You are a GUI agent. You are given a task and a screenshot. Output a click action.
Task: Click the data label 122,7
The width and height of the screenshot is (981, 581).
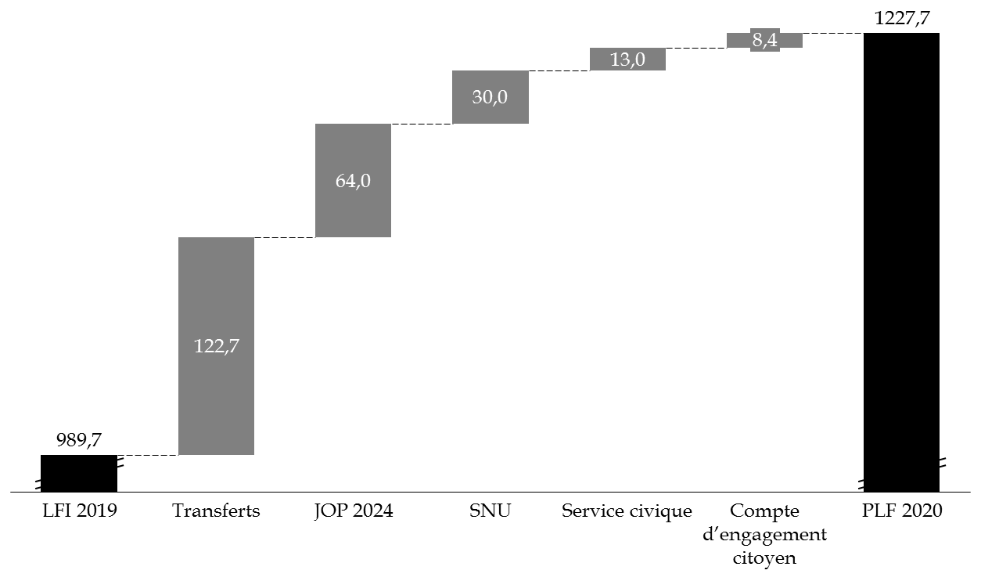tap(216, 346)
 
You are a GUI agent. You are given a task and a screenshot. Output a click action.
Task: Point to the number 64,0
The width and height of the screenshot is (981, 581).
tap(353, 181)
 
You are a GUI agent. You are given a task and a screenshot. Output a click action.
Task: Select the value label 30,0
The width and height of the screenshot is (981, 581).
tap(490, 97)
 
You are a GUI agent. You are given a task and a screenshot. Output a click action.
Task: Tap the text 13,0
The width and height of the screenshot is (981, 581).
tap(627, 59)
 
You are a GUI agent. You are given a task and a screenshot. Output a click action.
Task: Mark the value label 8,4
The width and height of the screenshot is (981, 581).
tap(765, 40)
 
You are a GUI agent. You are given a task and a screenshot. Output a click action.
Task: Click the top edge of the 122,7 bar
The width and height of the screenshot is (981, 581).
tap(216, 238)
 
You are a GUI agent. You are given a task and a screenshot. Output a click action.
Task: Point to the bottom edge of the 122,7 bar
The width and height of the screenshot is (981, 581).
tap(216, 454)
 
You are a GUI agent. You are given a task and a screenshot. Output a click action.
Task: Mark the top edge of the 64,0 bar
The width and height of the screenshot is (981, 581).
tap(353, 125)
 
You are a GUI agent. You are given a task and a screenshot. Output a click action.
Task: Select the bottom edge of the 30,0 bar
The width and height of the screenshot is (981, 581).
tap(490, 123)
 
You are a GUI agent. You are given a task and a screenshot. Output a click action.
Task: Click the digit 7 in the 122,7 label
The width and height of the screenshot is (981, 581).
tap(234, 346)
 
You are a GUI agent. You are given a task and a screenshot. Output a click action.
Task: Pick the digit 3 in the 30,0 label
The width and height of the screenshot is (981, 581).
tap(477, 97)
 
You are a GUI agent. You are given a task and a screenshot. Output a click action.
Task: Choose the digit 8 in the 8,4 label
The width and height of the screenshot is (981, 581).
tap(757, 40)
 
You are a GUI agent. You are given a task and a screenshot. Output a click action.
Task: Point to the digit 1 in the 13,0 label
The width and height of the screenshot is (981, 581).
tap(614, 59)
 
